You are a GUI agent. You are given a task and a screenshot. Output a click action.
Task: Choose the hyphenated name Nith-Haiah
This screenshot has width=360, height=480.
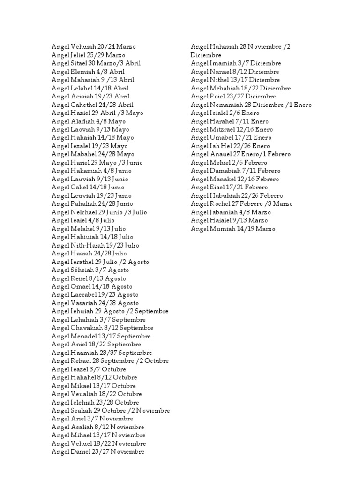pos(88,245)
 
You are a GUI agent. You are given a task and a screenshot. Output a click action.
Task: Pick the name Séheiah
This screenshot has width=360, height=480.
pos(82,270)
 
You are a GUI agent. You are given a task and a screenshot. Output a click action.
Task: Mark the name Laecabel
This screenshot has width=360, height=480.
pos(85,295)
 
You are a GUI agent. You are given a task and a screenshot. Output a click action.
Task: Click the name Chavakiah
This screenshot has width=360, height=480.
pos(88,328)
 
